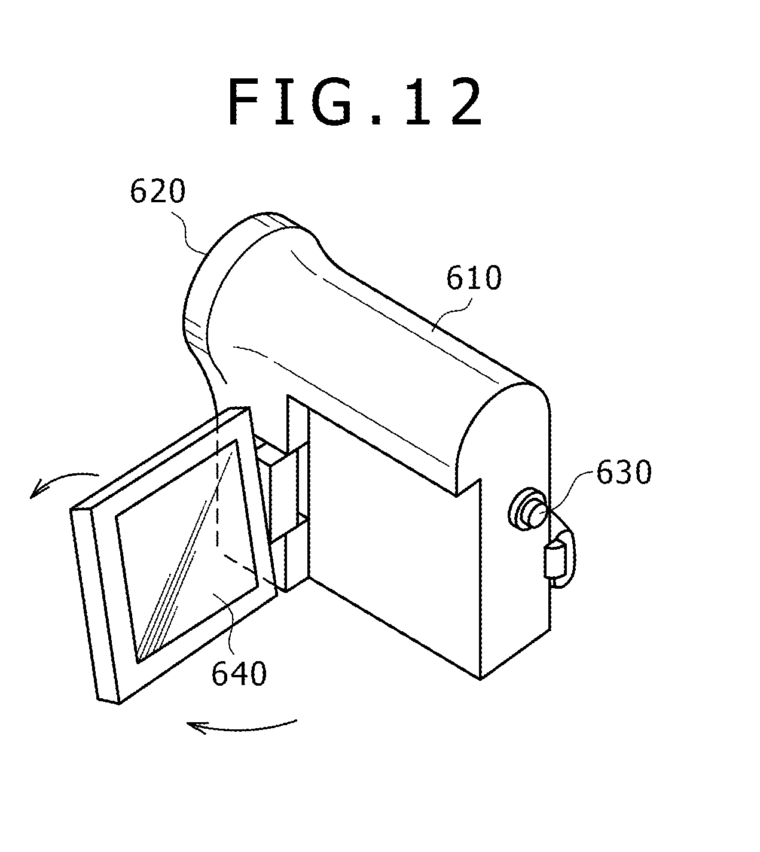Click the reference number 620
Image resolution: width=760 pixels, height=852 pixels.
pos(158,193)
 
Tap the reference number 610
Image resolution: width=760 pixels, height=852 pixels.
pos(474,279)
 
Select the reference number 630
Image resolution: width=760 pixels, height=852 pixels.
pos(622,473)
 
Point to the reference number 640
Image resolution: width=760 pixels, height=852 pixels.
pos(239,674)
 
